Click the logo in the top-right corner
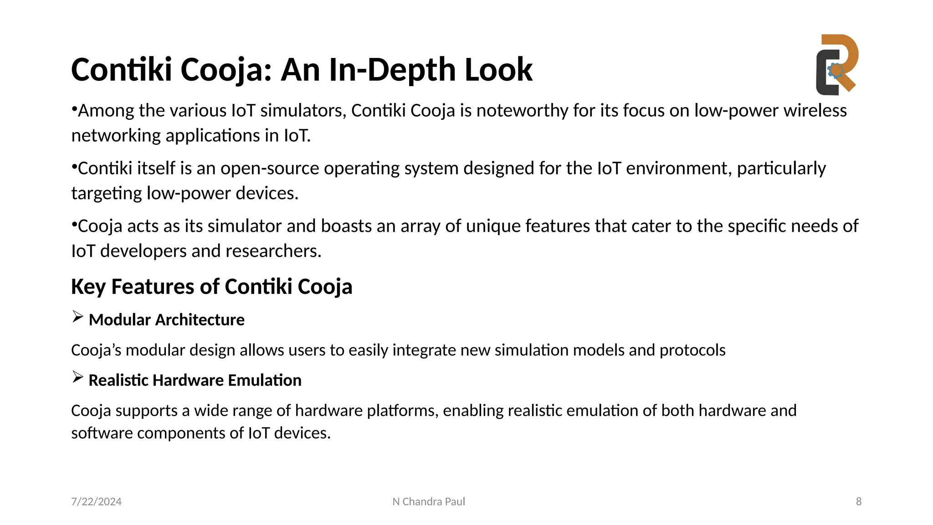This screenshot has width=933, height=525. [x=837, y=65]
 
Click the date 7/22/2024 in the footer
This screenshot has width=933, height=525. [x=96, y=502]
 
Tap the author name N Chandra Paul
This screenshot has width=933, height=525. [x=429, y=502]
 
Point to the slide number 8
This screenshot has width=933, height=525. [x=859, y=502]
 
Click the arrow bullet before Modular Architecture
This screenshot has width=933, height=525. [x=78, y=317]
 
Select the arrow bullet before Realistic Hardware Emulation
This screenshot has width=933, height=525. [x=78, y=377]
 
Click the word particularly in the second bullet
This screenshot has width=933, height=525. [x=781, y=169]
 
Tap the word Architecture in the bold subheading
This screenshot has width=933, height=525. [x=200, y=320]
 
